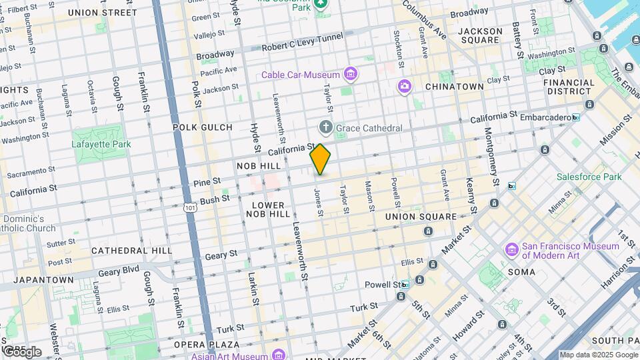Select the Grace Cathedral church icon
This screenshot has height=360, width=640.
(x=325, y=127)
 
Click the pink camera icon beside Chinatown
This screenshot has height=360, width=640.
(x=404, y=86)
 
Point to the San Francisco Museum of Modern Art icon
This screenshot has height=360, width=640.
(x=512, y=250)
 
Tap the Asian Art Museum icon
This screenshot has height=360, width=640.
(x=278, y=354)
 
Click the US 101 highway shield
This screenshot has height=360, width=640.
(x=191, y=207)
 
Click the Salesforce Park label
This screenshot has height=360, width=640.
(x=589, y=177)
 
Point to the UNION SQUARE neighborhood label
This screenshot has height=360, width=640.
(x=421, y=217)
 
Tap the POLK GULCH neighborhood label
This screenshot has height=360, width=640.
(x=202, y=127)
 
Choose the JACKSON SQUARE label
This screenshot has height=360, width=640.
(x=481, y=35)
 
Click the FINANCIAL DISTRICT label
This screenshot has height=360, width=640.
(x=569, y=87)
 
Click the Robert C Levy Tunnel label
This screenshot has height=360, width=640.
(x=293, y=47)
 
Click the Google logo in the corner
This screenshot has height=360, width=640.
(x=22, y=351)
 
